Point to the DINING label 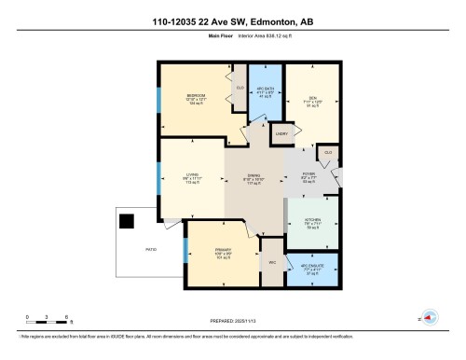pos(253,175)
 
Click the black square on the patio pos(127,221)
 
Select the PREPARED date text pos(232,323)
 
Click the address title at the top pos(232,23)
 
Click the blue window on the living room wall pos(158,178)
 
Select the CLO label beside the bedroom pos(239,88)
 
